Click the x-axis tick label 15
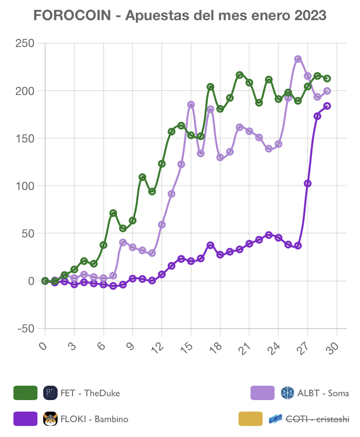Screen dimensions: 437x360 (x=188, y=347)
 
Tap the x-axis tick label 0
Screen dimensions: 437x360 (x=44, y=346)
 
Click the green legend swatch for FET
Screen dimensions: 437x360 (x=25, y=393)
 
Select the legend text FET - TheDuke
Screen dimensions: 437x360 (x=90, y=393)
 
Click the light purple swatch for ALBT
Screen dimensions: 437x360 (x=263, y=393)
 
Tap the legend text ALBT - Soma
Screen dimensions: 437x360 (x=323, y=393)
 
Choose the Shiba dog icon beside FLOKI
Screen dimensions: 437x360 (x=50, y=419)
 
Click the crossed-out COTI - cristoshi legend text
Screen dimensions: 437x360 (x=317, y=419)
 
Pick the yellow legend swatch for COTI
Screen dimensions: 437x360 (x=251, y=419)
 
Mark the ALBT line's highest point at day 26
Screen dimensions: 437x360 (x=298, y=59)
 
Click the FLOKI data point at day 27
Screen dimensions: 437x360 (x=308, y=183)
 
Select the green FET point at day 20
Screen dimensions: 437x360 (x=240, y=75)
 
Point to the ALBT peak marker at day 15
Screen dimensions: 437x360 (x=191, y=105)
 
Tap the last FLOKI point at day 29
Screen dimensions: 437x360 (x=327, y=106)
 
